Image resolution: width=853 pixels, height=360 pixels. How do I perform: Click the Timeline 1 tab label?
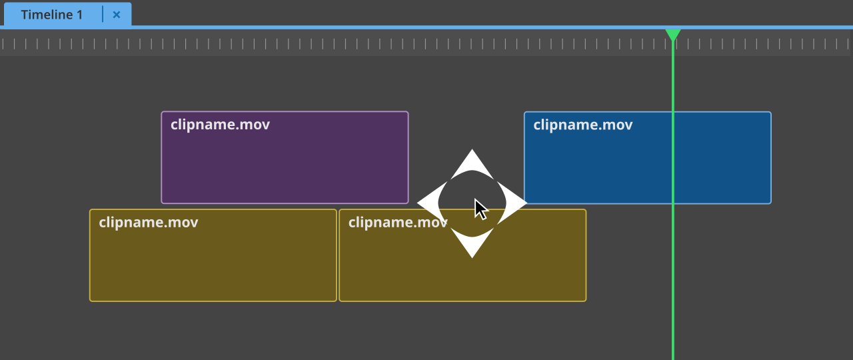[52, 15]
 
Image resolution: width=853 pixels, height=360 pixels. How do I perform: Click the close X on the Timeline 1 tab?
[117, 15]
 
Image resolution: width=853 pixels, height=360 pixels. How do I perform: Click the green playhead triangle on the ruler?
[672, 34]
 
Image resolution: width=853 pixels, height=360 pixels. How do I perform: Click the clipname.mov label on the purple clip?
[220, 125]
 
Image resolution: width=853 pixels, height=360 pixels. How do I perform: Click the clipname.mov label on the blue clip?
[582, 125]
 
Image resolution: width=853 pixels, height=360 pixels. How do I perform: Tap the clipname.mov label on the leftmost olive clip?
[148, 222]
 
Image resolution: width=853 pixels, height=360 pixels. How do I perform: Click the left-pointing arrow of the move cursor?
[428, 203]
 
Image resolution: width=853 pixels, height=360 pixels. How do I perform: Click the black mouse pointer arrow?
[480, 209]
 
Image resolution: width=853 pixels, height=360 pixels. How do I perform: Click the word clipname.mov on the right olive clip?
[398, 222]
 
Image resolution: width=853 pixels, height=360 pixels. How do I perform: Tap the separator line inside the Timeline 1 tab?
[103, 15]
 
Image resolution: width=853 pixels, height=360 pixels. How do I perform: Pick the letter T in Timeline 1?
[25, 15]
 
